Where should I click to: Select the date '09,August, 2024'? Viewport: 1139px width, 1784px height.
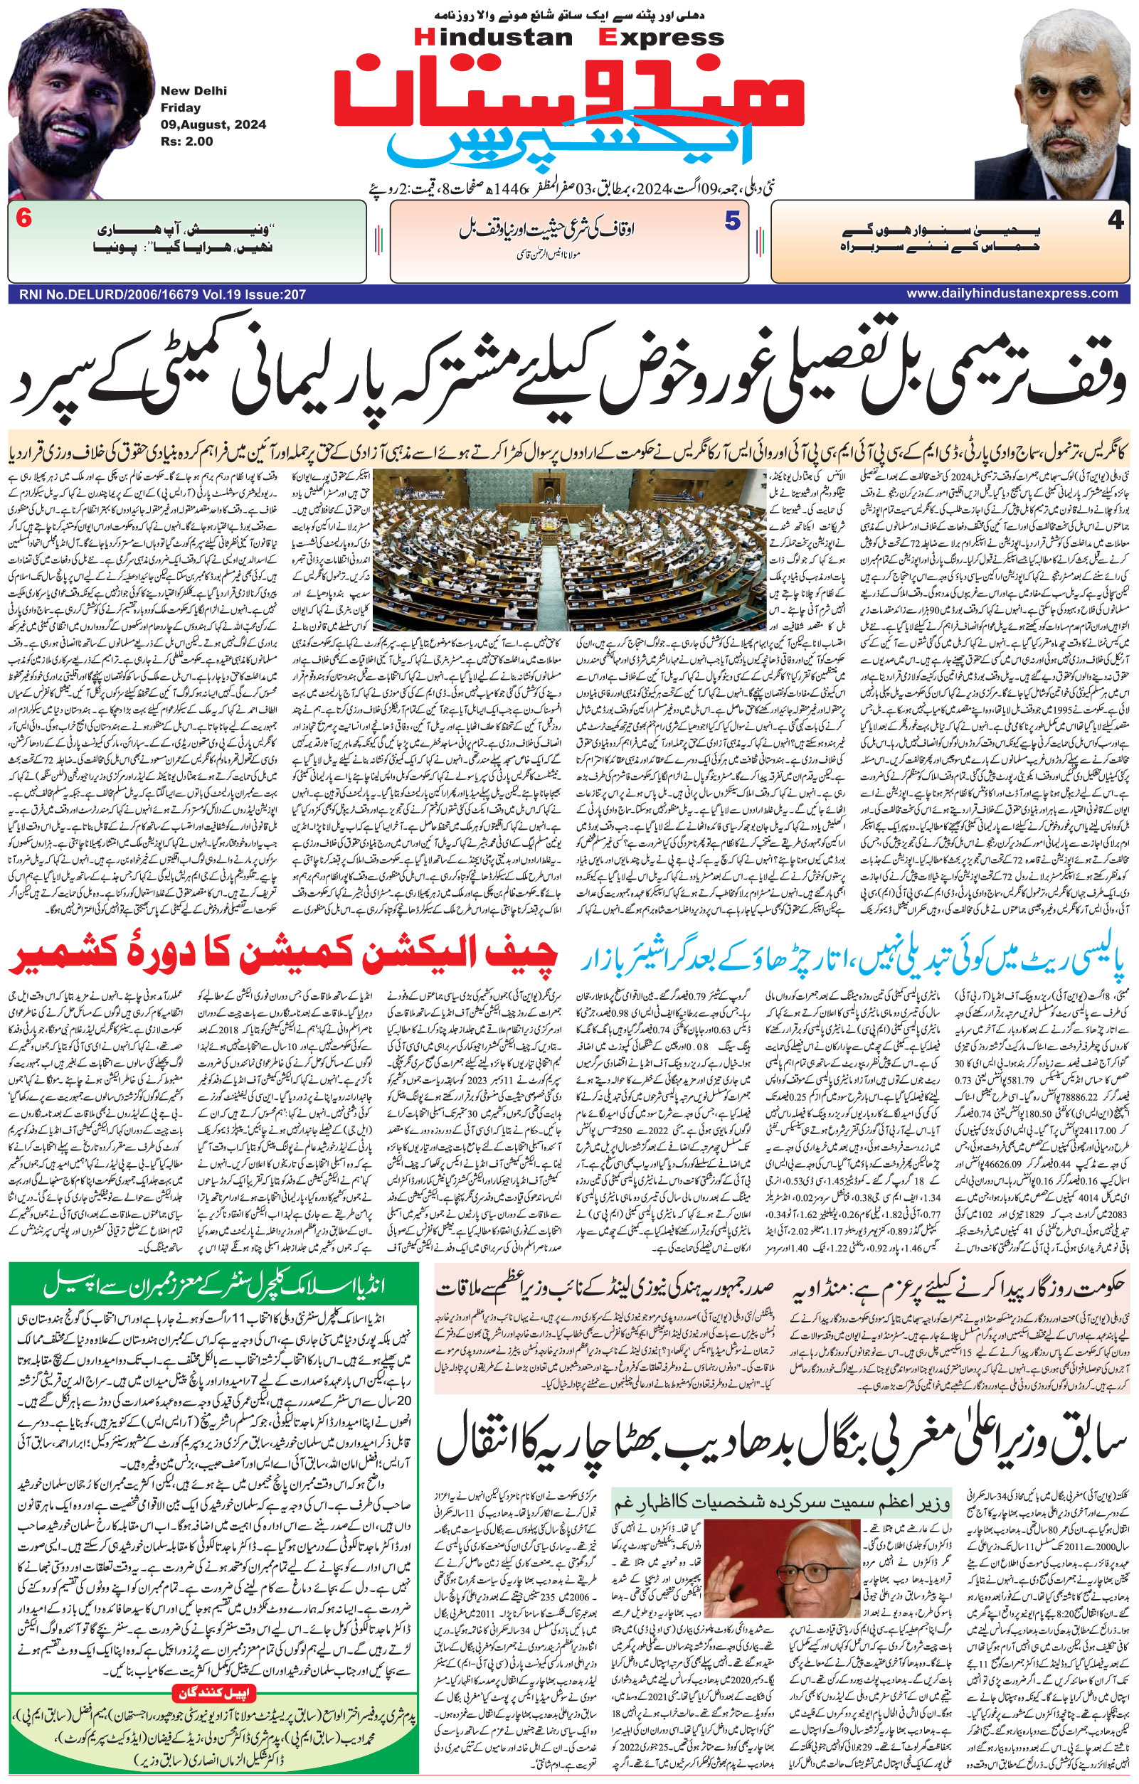coord(213,124)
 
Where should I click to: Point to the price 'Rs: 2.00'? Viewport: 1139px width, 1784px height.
coord(186,141)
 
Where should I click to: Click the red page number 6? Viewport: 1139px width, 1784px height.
coord(23,220)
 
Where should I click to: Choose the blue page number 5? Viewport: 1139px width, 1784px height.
coord(732,220)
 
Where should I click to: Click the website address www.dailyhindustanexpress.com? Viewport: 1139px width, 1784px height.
coord(1012,294)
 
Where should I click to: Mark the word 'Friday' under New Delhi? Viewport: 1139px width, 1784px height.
coord(176,107)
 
